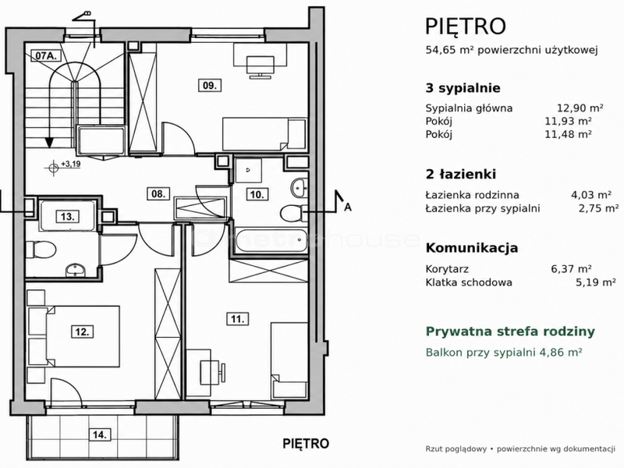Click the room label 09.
coord(210,85)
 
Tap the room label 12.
coord(83,331)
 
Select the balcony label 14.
coord(99,434)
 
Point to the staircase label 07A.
coord(46,55)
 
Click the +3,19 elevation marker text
coord(71,164)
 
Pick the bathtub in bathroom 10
coord(271,240)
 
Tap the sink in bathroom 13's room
coord(75,270)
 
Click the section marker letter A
coord(348,207)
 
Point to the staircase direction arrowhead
coord(49,143)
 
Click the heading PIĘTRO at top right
coord(466,27)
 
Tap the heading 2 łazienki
coord(461,174)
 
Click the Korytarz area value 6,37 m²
coord(571,269)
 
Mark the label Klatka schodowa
coord(469,282)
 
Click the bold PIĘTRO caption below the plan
coord(306,443)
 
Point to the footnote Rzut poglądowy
coord(456,449)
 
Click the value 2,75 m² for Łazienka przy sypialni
coord(598,208)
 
